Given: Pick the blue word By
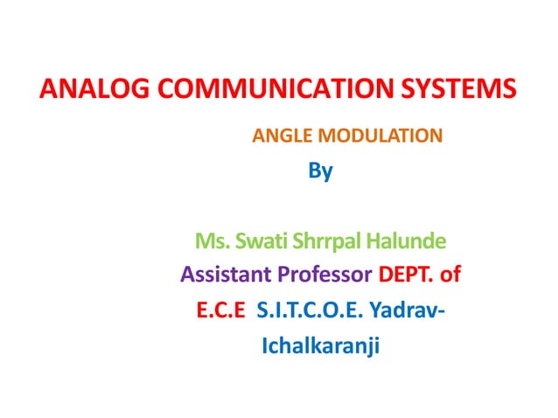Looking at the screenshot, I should point(321,171).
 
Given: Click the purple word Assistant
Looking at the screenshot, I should point(227,276).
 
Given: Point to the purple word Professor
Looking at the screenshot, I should point(326,276).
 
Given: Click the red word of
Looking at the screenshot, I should point(450,276).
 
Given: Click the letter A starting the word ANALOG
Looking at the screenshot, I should point(51,90).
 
